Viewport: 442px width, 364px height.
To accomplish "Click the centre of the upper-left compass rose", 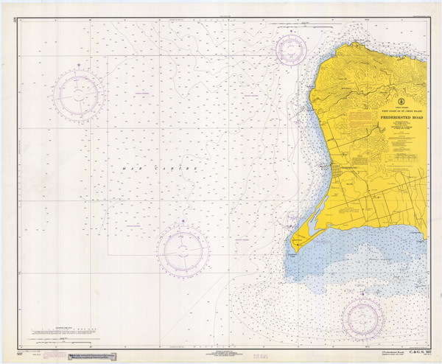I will (x=77, y=94).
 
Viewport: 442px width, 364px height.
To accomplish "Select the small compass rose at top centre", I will (x=290, y=49).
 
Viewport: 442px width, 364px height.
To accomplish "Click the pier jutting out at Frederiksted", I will (x=323, y=168).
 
